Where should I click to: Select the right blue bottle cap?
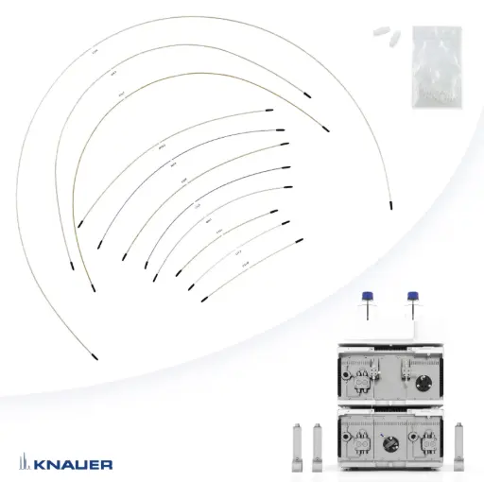coord(411,294)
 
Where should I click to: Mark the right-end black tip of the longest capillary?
coord(390,203)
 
